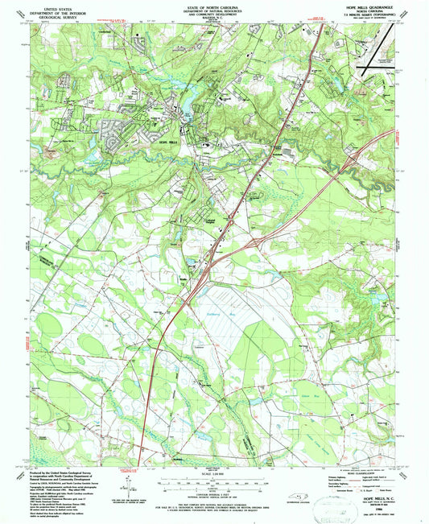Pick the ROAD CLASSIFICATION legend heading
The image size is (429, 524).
[355, 475]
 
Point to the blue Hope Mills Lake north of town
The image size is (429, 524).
[196, 105]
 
